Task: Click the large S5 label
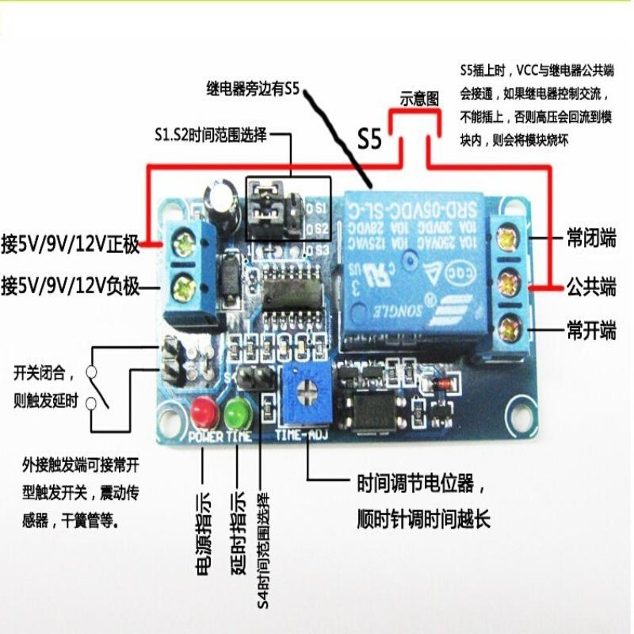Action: [369, 139]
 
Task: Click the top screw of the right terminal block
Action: [506, 236]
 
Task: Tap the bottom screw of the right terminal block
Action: [507, 324]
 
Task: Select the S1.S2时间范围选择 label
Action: [211, 135]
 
